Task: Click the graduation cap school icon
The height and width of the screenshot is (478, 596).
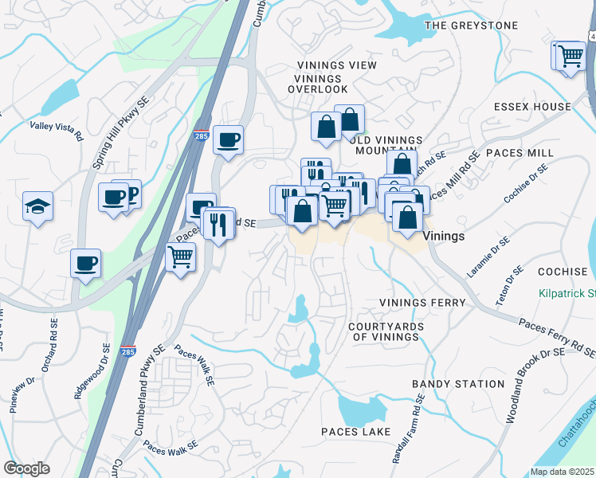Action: click(x=37, y=206)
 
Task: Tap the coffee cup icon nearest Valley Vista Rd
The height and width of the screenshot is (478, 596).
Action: click(x=113, y=195)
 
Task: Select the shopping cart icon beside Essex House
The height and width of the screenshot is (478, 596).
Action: click(x=570, y=57)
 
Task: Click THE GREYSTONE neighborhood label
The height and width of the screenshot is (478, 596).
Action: click(x=471, y=25)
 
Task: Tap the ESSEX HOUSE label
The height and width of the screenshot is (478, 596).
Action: click(x=532, y=107)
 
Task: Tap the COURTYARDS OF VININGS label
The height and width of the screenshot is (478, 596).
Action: click(x=383, y=331)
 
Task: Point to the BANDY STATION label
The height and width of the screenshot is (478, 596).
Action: click(x=458, y=384)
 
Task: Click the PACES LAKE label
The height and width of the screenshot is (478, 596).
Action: click(x=355, y=432)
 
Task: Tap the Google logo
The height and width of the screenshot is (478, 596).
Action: click(x=26, y=468)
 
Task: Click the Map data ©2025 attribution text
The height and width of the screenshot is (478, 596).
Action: click(x=563, y=472)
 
